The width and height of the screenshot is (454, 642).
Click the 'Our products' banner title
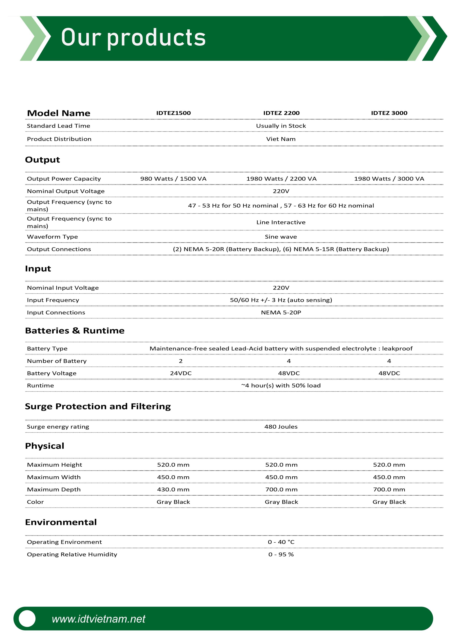(x=133, y=38)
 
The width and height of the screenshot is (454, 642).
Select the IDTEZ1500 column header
(x=173, y=113)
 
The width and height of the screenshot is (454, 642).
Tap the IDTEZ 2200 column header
(x=281, y=113)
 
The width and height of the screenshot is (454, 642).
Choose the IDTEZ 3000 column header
(x=389, y=113)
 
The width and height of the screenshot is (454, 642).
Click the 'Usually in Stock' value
(x=281, y=126)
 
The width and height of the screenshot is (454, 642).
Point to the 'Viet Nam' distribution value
(x=281, y=139)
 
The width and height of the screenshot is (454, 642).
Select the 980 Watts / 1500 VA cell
(x=173, y=179)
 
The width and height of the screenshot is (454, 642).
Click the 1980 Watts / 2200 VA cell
(x=281, y=179)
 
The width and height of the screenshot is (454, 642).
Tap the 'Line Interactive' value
(x=281, y=222)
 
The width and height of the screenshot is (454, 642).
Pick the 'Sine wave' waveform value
(x=281, y=237)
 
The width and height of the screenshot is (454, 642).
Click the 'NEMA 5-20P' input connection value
(x=281, y=313)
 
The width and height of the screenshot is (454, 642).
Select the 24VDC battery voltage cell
(x=181, y=373)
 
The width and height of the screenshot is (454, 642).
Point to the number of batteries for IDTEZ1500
(x=181, y=361)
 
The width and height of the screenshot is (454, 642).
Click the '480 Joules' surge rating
(x=281, y=427)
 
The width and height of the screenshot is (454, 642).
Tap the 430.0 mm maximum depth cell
(x=173, y=490)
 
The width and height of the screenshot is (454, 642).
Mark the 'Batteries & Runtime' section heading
(x=75, y=331)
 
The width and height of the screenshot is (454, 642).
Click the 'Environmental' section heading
(x=61, y=522)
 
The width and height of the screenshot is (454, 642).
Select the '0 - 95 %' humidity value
(x=281, y=555)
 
